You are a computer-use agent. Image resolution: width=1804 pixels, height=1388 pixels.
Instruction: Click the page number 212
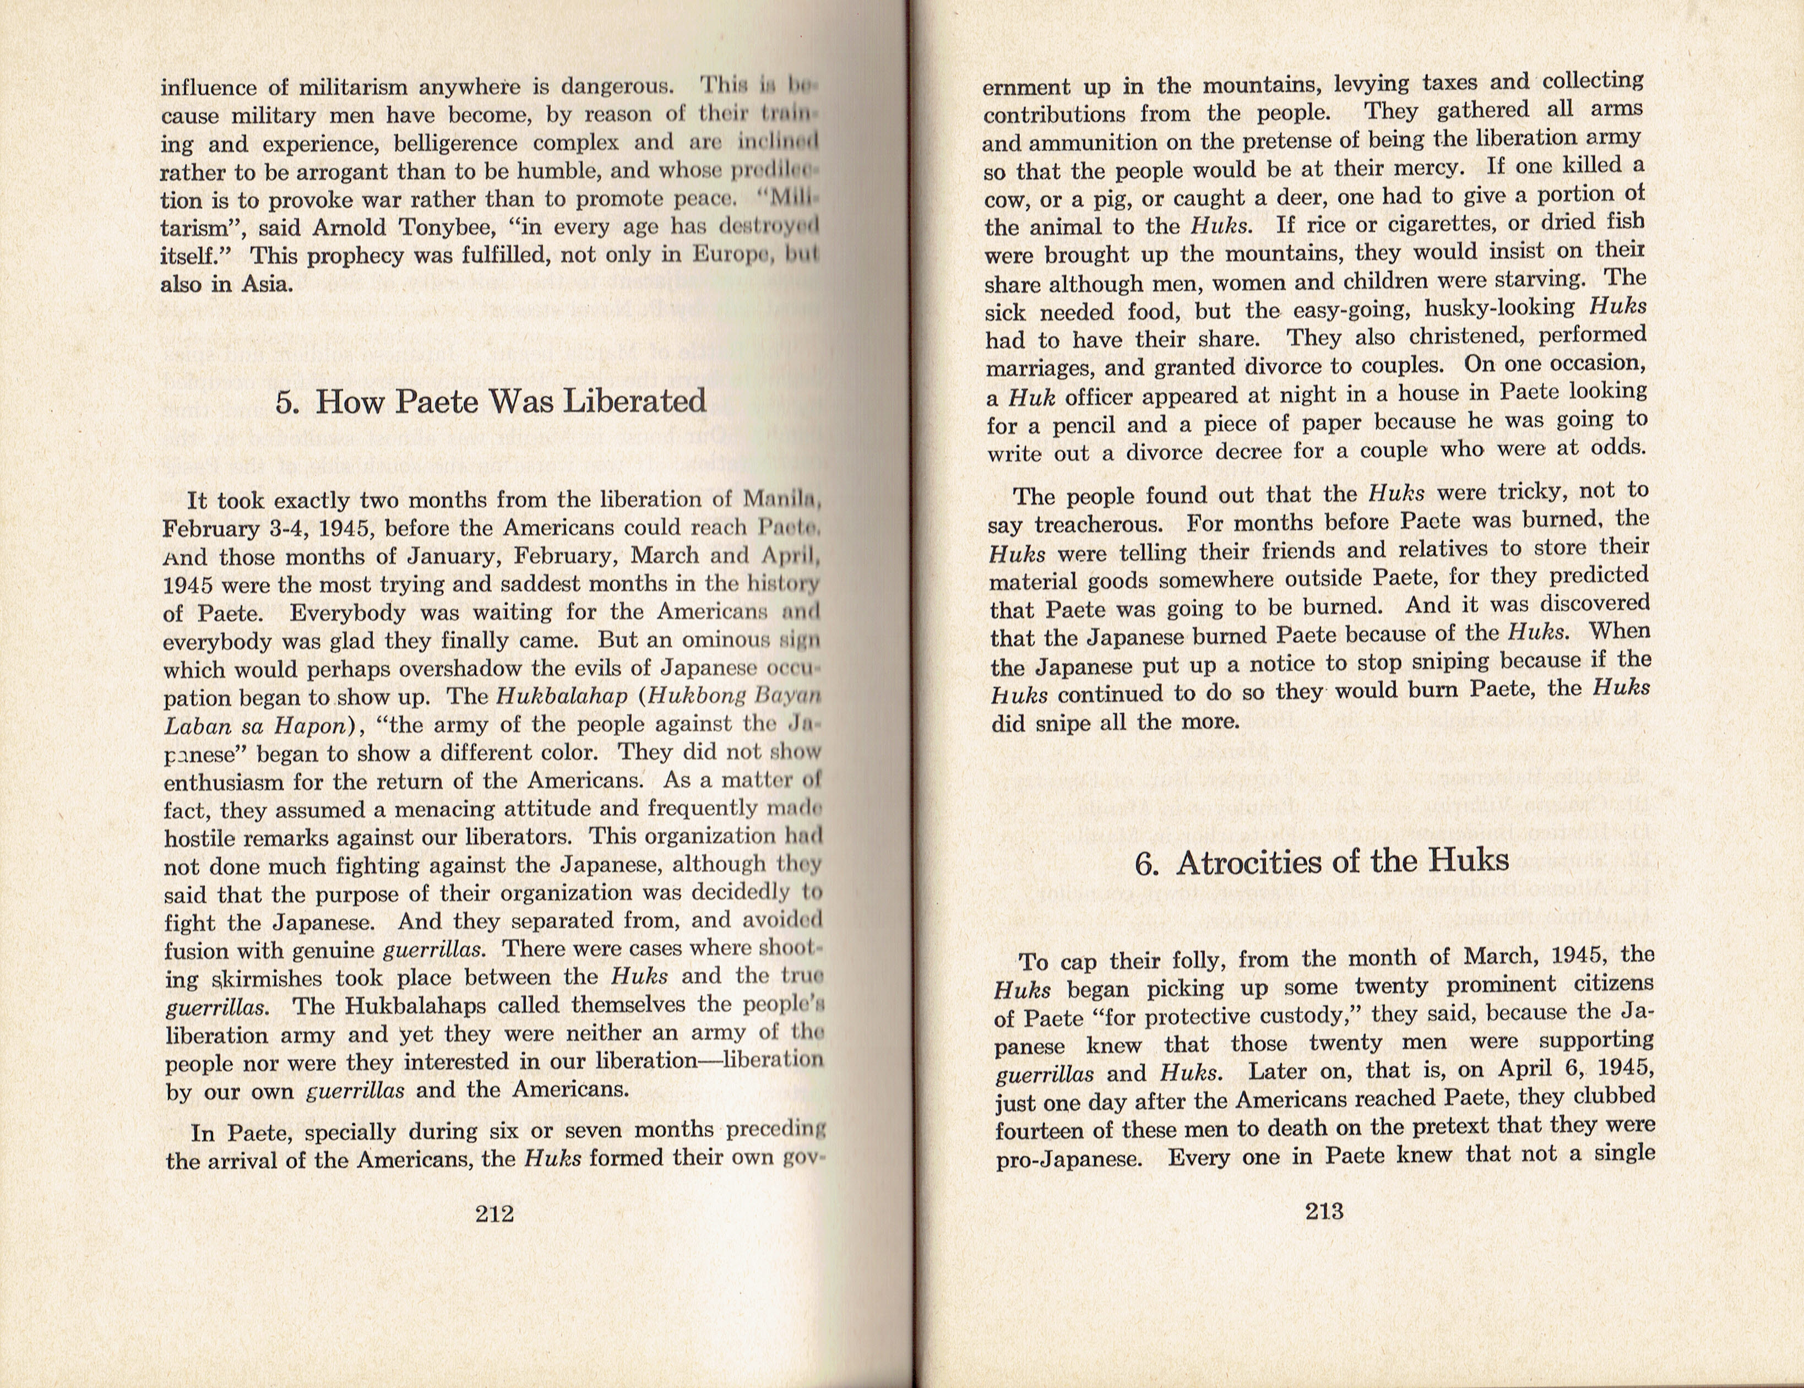pos(494,1214)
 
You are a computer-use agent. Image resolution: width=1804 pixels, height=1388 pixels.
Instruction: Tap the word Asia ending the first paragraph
pos(267,284)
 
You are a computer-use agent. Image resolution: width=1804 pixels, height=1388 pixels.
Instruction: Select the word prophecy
pos(356,256)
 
